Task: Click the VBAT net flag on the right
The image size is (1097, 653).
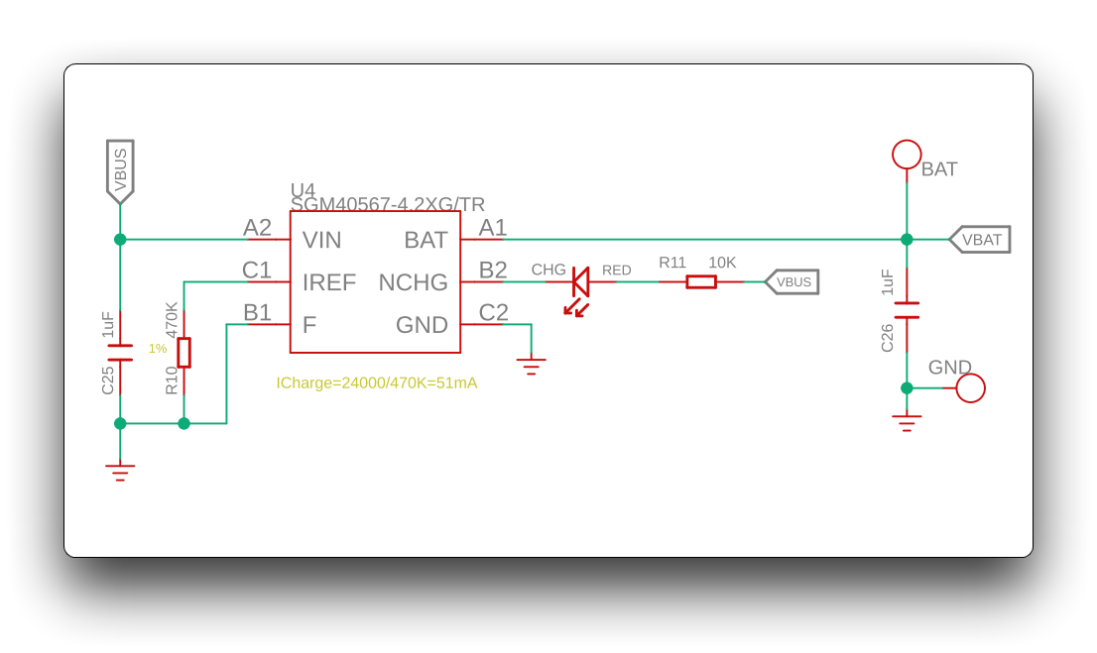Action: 980,240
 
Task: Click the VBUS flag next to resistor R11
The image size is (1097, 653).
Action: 792,281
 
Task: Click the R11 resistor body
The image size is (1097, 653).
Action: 701,281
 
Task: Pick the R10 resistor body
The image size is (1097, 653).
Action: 184,353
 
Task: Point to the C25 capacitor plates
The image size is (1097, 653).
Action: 120,353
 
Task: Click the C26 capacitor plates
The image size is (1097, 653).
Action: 907,310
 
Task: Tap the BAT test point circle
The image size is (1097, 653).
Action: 907,155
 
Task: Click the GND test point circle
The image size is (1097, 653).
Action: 970,388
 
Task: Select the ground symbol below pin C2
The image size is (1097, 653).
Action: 531,367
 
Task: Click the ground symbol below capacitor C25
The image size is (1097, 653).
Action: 120,473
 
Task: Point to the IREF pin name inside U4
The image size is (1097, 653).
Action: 329,282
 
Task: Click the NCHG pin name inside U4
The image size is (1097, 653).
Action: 413,282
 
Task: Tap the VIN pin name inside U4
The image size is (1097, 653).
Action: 321,240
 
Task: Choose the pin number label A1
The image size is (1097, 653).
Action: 493,228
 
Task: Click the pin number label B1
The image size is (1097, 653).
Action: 257,312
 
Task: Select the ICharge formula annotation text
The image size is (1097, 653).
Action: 376,383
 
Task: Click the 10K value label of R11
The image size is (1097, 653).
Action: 722,263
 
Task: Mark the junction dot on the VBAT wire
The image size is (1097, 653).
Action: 907,239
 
